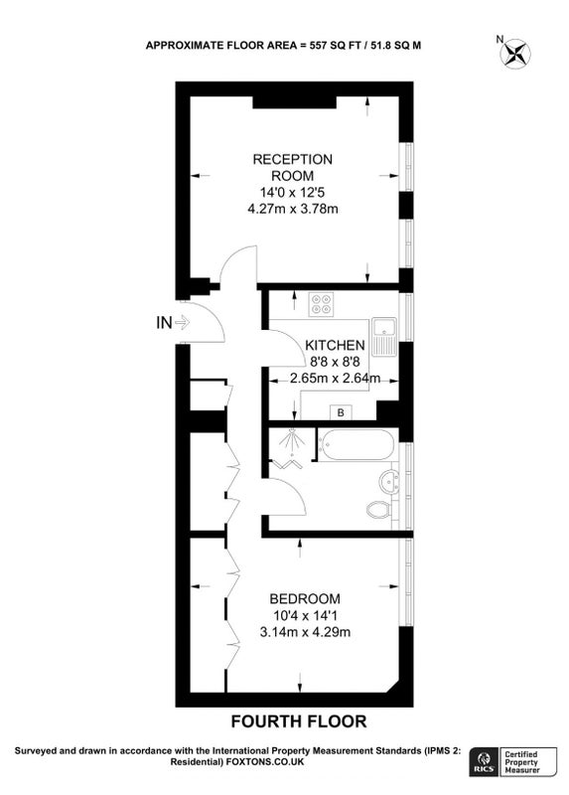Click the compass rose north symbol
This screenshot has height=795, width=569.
click(x=515, y=54)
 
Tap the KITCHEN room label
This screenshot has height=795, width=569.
click(x=335, y=345)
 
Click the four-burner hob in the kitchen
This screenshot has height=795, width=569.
click(x=321, y=305)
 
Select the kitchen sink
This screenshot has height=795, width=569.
click(x=385, y=336)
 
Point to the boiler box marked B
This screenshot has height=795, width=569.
click(x=341, y=412)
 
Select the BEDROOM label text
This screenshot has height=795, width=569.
click(x=305, y=599)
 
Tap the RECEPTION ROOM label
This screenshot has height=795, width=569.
click(x=293, y=167)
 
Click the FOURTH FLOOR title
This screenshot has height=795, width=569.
click(x=299, y=721)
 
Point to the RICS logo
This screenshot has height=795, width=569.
click(x=484, y=762)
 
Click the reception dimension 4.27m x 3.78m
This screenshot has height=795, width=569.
click(x=292, y=209)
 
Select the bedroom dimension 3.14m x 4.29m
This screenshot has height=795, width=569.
click(x=305, y=632)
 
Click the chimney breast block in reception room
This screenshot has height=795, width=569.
click(x=294, y=102)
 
